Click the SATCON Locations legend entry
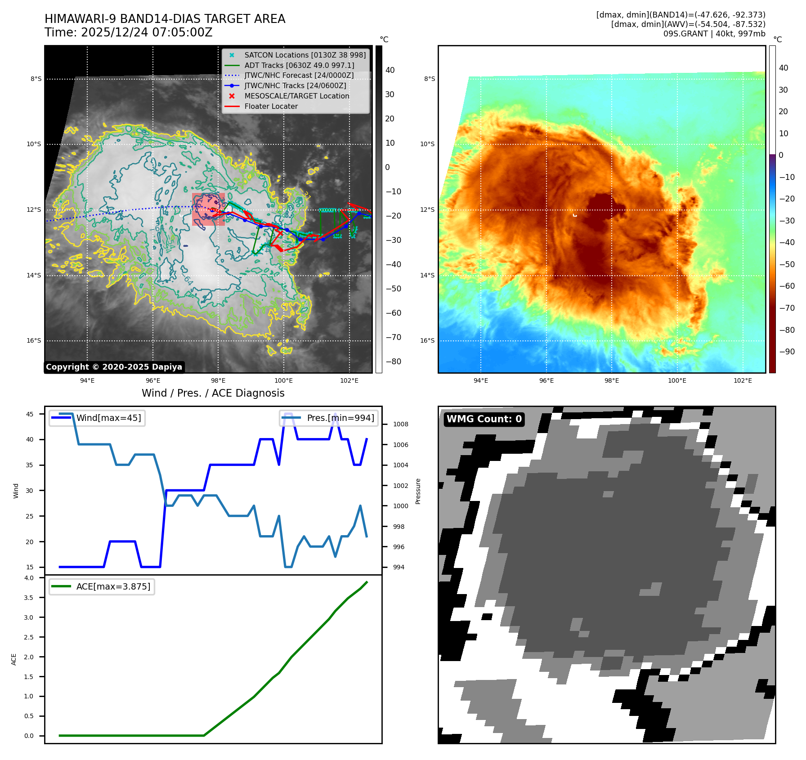304,55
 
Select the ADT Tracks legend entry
299,65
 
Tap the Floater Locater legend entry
271,106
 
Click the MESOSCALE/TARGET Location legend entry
296,96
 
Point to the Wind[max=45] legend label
108,418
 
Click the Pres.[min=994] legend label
340,418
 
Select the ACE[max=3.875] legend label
113,586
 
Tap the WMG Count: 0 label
484,419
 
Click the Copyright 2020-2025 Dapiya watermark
114,367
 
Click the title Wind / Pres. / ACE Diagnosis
213,393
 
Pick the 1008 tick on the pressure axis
400,424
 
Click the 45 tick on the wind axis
30,414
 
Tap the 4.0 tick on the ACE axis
29,578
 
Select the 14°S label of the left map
34,275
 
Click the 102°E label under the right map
743,380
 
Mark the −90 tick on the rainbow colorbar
787,352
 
